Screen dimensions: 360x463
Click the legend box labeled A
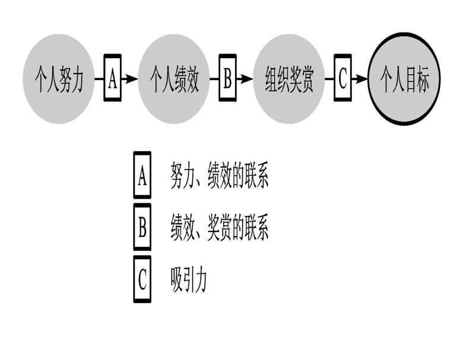click(x=142, y=176)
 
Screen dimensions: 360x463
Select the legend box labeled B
click(x=142, y=228)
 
